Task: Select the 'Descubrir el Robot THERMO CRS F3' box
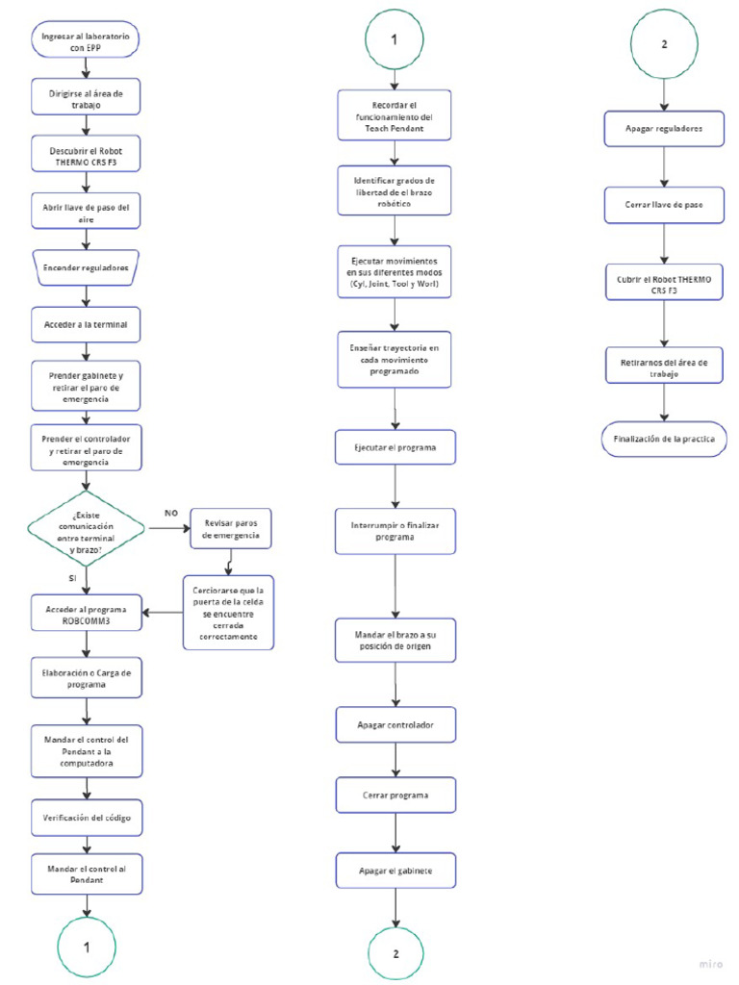[86, 155]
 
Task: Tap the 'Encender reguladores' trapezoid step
[86, 268]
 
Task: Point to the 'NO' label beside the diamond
[171, 514]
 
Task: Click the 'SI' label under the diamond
[71, 578]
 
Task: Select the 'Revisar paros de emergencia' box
[231, 528]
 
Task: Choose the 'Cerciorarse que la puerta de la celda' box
[230, 610]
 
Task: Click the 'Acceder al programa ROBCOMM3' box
[86, 615]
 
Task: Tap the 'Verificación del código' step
[86, 818]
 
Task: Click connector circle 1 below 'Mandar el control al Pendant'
[87, 947]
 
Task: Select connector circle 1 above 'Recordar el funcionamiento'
[394, 39]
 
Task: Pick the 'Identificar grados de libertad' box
[394, 192]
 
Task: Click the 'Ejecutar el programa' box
[395, 448]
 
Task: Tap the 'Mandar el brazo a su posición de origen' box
[395, 641]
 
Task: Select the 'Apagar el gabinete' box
[395, 871]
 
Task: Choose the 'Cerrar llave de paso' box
[664, 204]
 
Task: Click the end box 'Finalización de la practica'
[664, 438]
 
